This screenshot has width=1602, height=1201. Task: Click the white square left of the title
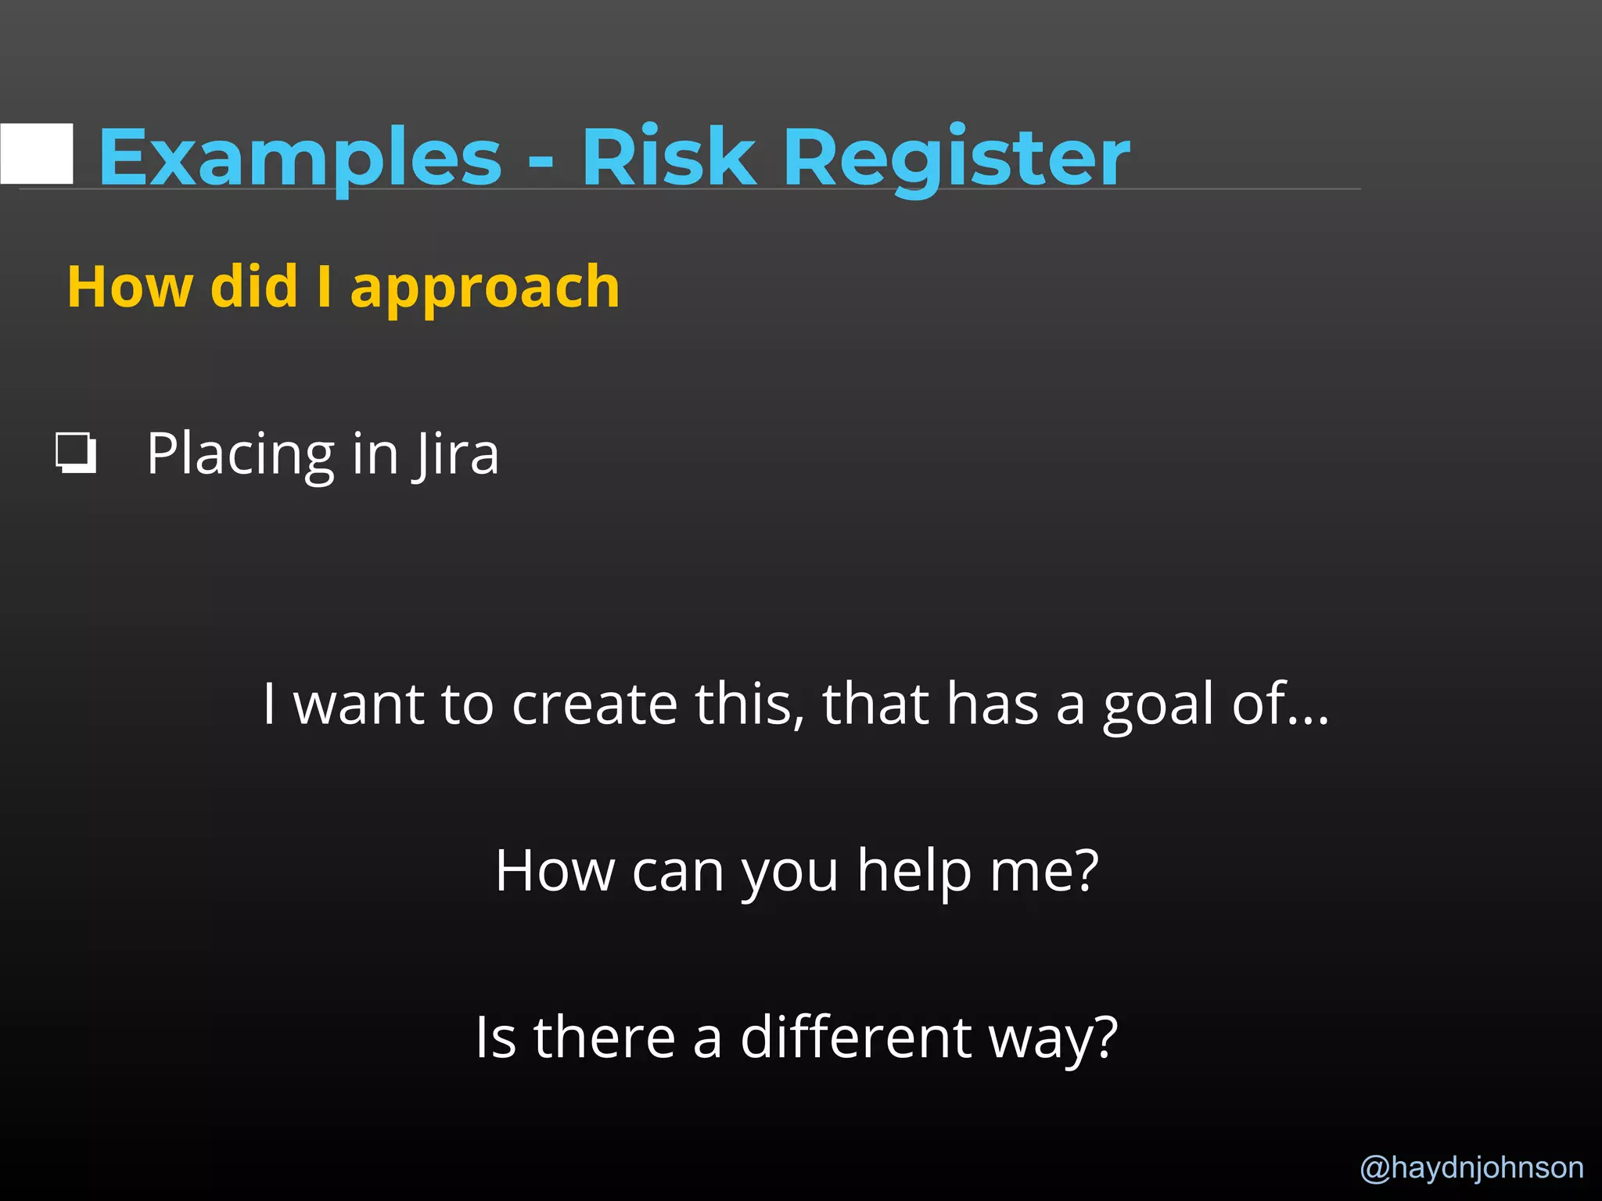[x=37, y=153]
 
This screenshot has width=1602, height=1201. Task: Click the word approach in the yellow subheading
[x=485, y=288]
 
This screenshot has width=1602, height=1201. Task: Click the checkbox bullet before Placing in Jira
[x=76, y=454]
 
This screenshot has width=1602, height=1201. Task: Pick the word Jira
[x=457, y=454]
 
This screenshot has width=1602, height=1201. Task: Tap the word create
[x=594, y=703]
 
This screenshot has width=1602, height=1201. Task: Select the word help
[x=914, y=871]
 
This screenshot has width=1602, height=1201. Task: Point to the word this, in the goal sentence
[x=749, y=703]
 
